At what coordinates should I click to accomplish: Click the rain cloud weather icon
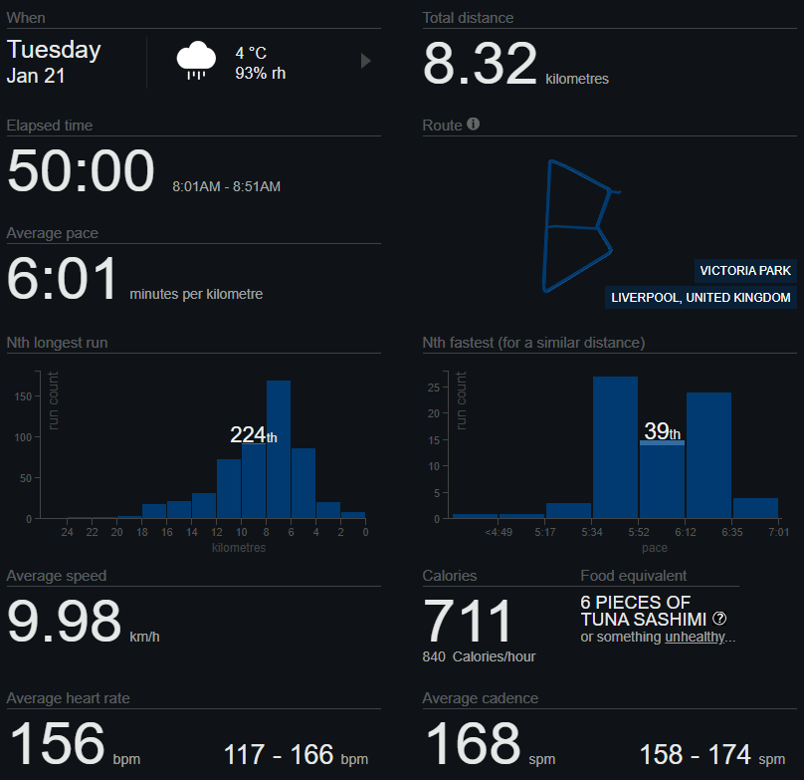tap(197, 61)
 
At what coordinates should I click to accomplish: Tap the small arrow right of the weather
tap(365, 62)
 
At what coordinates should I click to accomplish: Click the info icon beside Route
tap(474, 125)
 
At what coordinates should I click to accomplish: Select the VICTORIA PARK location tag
tap(745, 271)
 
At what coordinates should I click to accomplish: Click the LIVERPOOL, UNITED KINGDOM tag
tap(702, 298)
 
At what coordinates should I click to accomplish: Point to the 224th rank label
tap(254, 434)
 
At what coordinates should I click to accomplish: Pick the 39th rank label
tap(662, 431)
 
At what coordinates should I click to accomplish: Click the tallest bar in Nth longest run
tap(279, 448)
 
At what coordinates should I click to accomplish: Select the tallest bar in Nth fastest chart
tap(615, 448)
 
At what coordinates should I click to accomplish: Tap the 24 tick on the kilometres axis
tap(67, 533)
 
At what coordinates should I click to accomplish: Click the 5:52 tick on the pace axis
tap(639, 533)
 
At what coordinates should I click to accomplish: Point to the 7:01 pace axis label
tap(778, 533)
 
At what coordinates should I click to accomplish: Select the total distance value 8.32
tap(481, 65)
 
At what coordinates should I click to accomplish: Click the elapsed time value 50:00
tap(81, 171)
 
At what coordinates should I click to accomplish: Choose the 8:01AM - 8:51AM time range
tap(226, 186)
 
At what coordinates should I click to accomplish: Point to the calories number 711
tap(469, 622)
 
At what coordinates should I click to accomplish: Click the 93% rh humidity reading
tap(261, 73)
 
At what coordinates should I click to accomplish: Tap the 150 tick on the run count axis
tap(23, 396)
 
